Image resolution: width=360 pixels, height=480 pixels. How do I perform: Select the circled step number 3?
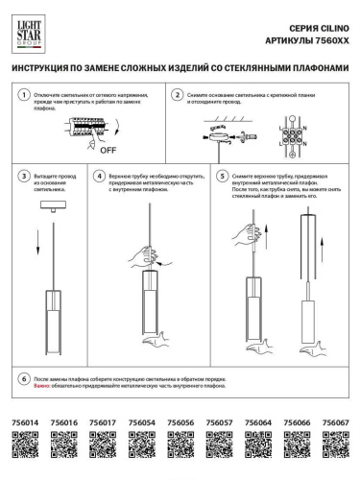click(x=24, y=178)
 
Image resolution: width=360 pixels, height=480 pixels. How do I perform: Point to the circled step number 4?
click(x=99, y=178)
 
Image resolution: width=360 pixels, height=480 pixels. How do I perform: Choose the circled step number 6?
click(x=24, y=380)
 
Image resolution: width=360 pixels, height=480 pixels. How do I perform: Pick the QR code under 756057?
click(x=219, y=444)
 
